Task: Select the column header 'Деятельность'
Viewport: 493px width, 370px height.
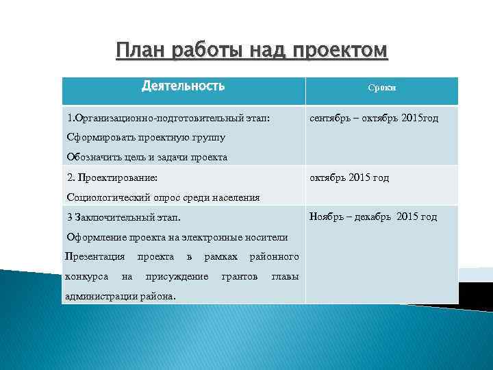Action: coord(183,86)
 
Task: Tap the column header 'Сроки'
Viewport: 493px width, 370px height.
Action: coord(381,88)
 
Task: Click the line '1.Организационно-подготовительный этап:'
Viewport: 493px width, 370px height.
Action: coord(168,118)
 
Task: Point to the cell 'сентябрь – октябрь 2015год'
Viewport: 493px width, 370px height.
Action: coord(374,118)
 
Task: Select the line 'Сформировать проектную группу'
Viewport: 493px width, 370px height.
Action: coord(146,137)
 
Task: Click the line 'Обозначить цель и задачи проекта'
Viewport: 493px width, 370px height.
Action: coord(147,157)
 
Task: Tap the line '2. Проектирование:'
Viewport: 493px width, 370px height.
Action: coord(112,177)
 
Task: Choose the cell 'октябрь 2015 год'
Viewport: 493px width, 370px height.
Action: coord(349,177)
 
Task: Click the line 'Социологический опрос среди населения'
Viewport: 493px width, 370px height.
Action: coord(163,197)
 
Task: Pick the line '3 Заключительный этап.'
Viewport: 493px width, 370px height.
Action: coord(124,217)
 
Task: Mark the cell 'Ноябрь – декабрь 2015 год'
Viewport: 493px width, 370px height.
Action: coord(373,217)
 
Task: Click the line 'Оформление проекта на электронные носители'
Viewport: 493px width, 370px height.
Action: coord(177,237)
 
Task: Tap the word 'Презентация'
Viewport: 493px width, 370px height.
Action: coord(94,257)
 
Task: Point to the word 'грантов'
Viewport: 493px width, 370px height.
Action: coord(240,276)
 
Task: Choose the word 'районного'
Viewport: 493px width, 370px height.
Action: coord(274,257)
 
